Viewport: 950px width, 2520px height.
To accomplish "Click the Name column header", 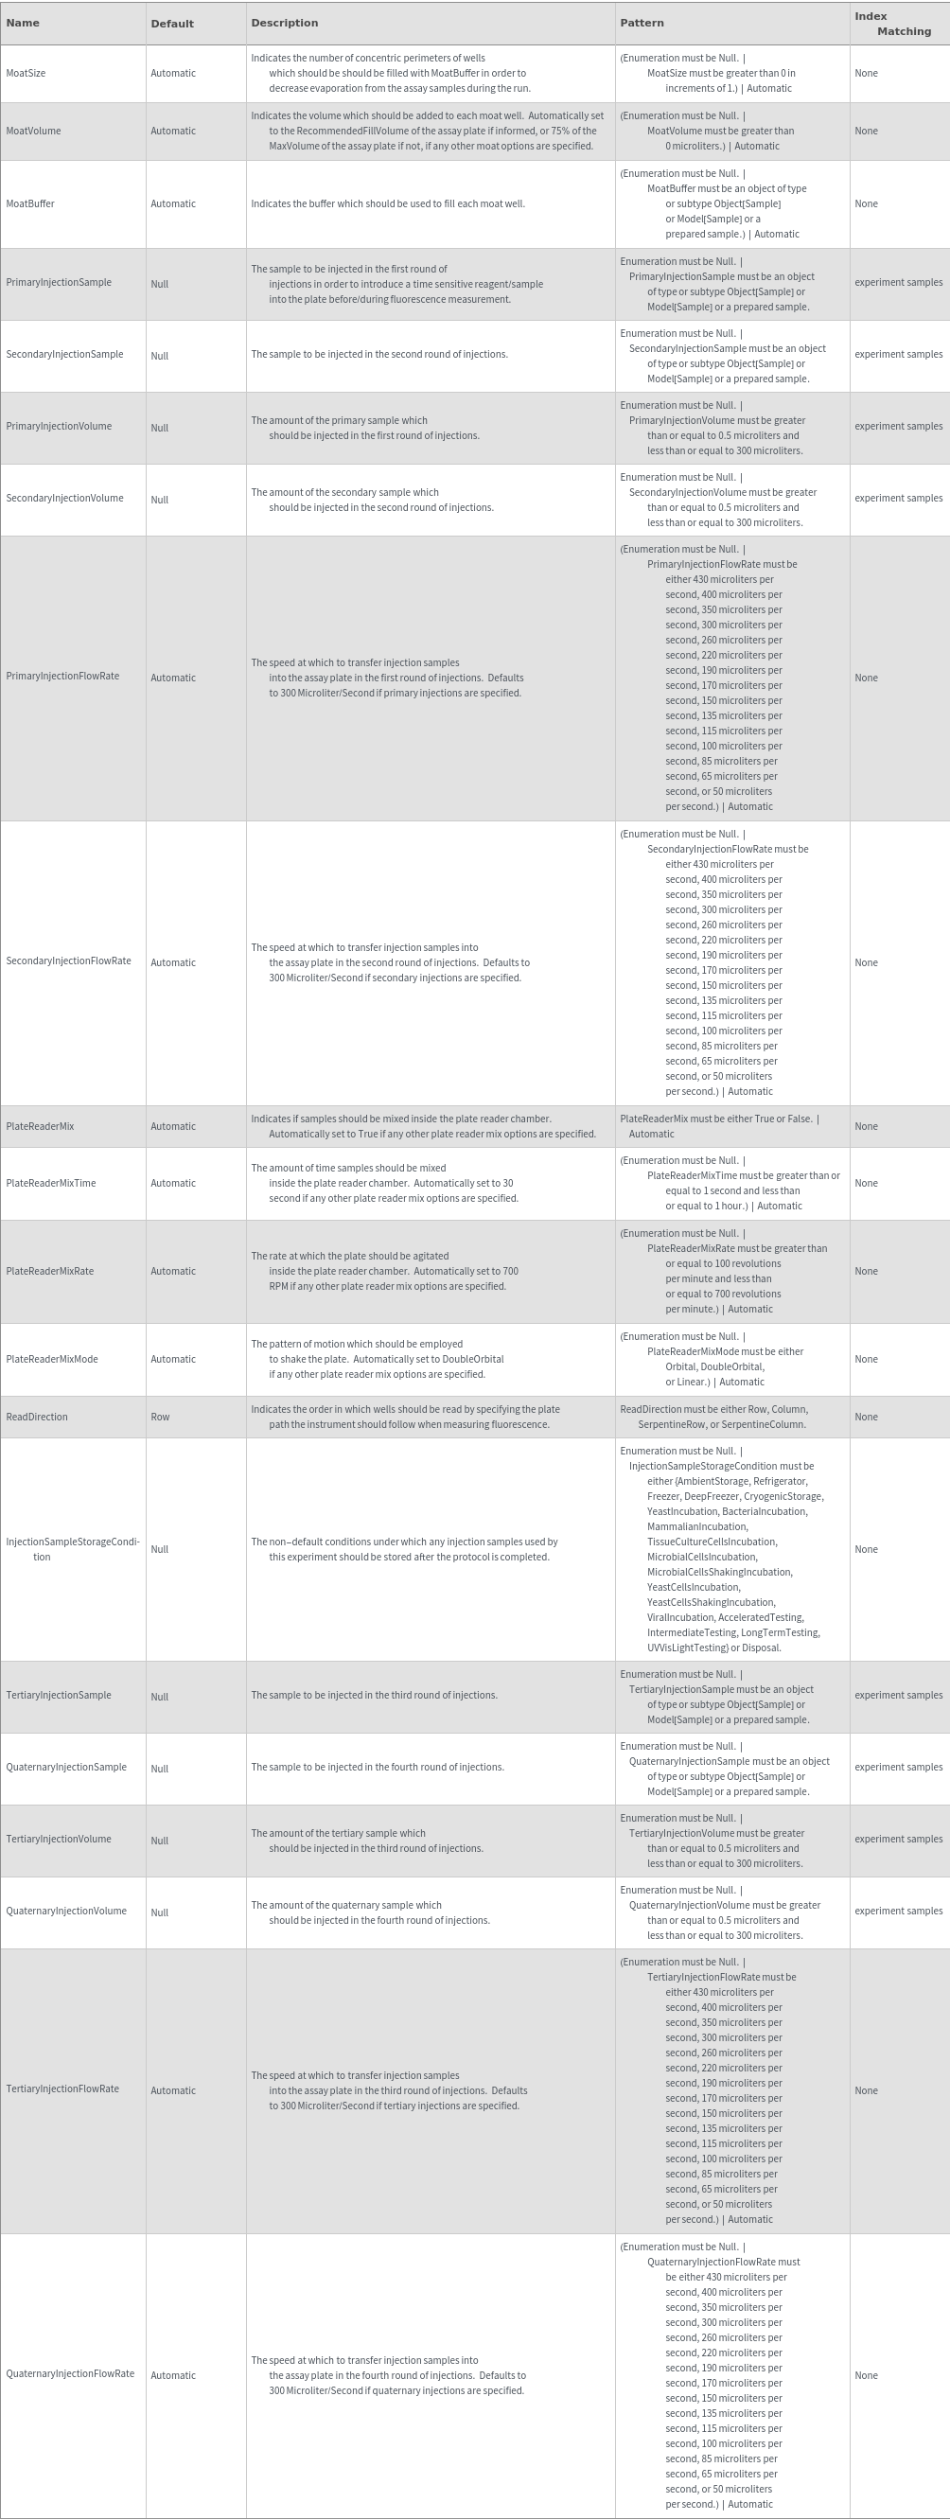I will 23,23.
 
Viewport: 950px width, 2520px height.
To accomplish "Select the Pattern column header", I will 642,23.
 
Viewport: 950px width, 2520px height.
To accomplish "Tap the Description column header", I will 284,23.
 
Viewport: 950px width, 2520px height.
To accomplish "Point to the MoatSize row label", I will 26,74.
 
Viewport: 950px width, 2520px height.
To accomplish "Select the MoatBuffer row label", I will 30,203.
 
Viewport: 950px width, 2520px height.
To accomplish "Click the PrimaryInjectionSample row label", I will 59,283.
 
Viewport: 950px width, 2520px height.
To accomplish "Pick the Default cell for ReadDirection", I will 161,1417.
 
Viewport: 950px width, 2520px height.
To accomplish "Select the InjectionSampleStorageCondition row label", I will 73,1548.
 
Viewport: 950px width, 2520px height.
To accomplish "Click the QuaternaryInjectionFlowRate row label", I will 70,2374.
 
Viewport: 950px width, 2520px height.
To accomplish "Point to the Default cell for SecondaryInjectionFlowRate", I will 173,962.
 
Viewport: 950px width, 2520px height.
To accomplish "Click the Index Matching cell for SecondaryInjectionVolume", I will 898,498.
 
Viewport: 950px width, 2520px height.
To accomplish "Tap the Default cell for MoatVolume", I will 173,132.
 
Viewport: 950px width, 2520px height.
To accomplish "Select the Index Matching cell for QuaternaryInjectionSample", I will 898,1767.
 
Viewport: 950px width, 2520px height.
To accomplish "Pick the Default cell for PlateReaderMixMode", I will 173,1359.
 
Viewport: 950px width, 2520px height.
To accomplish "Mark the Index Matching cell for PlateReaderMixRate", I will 866,1271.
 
